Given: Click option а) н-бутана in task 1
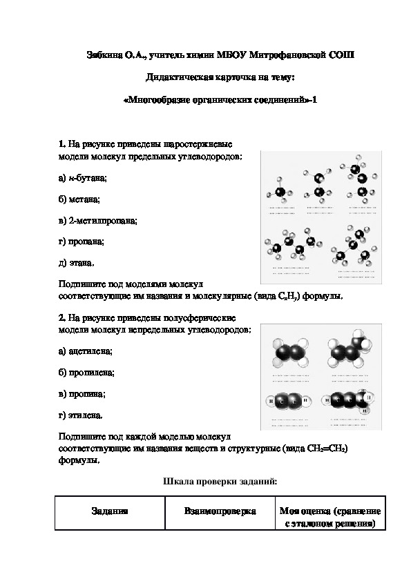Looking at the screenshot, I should point(83,179).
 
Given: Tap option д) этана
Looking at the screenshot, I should point(77,263).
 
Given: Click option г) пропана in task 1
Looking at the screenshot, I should point(82,242).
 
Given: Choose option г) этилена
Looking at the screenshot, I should point(82,415).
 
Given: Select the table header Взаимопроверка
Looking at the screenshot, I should point(220,511).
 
